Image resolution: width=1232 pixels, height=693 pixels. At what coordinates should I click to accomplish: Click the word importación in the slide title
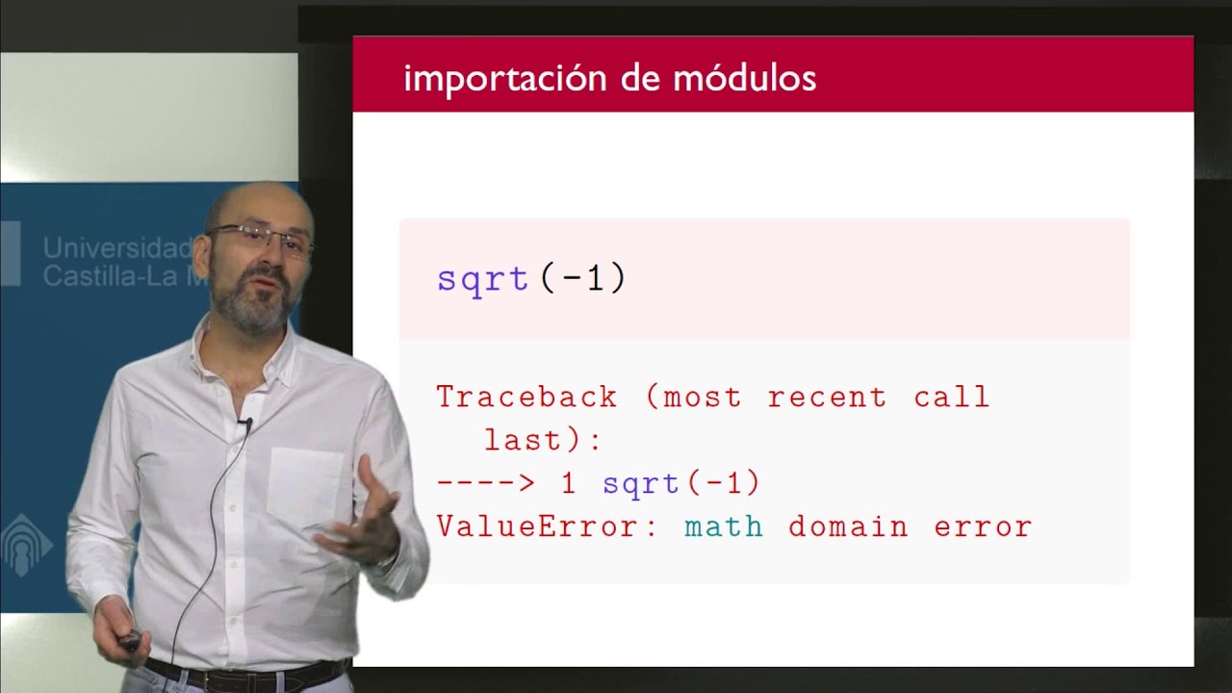[x=505, y=79]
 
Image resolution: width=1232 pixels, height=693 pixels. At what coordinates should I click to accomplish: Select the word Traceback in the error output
[x=526, y=397]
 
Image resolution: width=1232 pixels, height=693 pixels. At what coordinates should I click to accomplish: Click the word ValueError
[x=537, y=526]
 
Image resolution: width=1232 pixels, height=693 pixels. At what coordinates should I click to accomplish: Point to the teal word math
[x=724, y=526]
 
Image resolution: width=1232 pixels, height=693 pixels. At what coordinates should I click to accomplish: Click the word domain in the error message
[x=848, y=526]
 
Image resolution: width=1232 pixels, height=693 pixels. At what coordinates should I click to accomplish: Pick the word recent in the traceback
[x=827, y=398]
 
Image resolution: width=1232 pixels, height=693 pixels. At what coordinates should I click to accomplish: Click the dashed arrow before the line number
[x=485, y=483]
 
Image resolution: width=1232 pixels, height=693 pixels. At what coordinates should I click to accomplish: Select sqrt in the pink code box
[x=483, y=279]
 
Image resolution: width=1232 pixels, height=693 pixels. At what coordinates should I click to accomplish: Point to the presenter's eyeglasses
[x=260, y=240]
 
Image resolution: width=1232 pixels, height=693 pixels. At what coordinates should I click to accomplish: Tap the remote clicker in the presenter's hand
[x=130, y=640]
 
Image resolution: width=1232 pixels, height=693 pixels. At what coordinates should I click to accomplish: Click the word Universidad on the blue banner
[x=118, y=248]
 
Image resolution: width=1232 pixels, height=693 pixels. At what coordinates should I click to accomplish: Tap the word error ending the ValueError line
[x=983, y=527]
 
